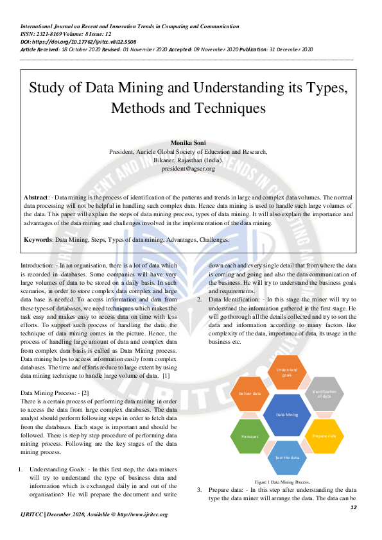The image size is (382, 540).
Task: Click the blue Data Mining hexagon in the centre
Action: [287, 415]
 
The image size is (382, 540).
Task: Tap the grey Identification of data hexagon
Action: [323, 394]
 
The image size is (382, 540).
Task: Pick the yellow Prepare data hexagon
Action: [324, 436]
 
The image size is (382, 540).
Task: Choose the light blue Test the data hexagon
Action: [287, 457]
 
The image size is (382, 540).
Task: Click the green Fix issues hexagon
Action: [250, 436]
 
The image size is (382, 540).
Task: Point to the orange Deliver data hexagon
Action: [250, 394]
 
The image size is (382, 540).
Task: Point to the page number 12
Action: [352, 507]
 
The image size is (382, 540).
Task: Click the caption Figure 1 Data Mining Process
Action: [282, 481]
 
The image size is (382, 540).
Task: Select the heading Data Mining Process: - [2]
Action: [55, 391]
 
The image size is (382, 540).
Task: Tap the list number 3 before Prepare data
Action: [199, 490]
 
